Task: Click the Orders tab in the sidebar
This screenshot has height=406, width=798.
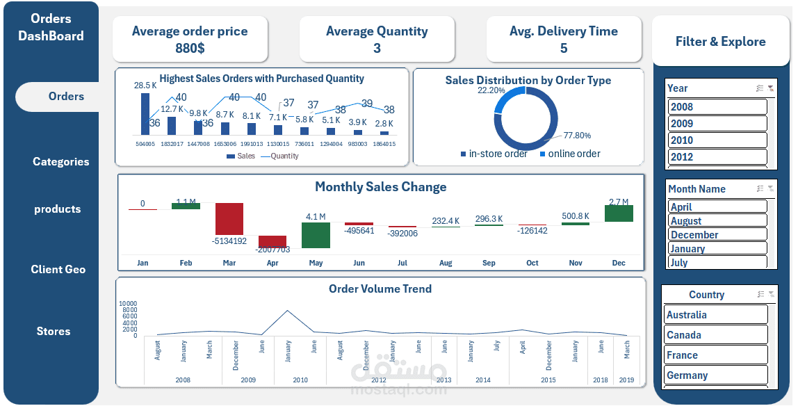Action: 65,97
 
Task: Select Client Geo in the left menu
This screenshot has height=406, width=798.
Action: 58,269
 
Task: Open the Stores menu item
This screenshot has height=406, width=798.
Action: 54,331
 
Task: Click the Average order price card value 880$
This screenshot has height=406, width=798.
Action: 190,48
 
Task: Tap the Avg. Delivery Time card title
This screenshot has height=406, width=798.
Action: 563,31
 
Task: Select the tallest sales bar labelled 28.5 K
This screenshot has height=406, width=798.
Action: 145,114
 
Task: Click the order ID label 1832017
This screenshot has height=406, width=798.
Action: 172,144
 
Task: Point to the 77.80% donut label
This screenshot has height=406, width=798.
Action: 577,136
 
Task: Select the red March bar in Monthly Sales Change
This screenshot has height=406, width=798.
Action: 229,219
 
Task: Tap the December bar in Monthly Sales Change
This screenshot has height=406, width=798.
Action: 619,213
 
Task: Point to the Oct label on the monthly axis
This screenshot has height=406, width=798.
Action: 532,263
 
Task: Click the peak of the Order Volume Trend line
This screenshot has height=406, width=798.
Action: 287,311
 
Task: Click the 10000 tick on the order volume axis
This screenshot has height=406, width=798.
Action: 128,304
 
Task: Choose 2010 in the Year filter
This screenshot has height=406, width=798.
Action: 717,140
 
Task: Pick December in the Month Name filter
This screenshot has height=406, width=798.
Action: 717,234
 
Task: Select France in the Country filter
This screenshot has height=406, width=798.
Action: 715,355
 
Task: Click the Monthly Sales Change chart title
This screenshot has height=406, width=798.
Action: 380,187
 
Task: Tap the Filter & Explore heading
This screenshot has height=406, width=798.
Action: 720,42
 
